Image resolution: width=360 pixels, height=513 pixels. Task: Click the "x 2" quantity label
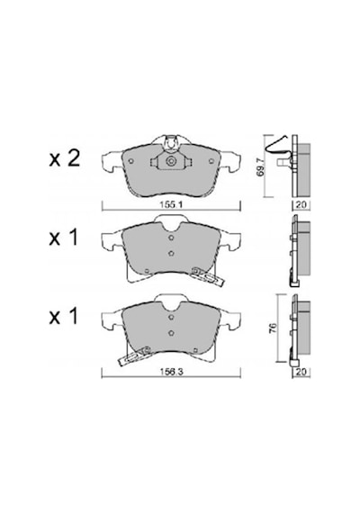point(65,159)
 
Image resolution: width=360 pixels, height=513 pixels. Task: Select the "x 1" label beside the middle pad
point(64,238)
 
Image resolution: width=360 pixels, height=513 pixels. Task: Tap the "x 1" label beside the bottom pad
point(64,317)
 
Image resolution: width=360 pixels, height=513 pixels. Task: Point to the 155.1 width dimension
point(171,205)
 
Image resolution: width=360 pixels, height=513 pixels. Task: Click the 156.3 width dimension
point(171,372)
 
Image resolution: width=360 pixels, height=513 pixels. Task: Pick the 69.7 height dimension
point(260,166)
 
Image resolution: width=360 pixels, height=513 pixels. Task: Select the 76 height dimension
point(273,328)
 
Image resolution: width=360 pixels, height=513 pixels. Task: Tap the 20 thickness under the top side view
point(301,205)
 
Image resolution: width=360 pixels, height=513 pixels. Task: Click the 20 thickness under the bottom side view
point(301,372)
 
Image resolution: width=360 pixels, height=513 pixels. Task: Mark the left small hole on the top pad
point(130,161)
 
